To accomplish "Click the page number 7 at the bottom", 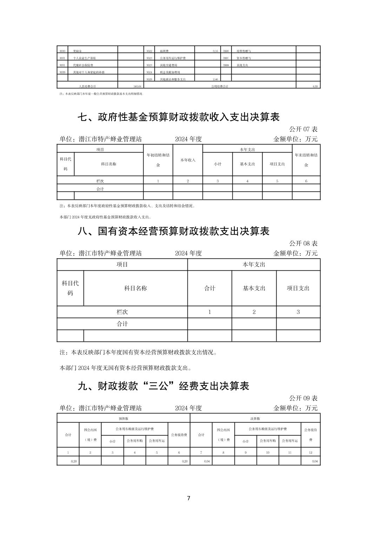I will (188, 498).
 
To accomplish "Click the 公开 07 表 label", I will (303, 129).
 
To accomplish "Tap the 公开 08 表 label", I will (303, 243).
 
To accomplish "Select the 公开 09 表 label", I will (303, 398).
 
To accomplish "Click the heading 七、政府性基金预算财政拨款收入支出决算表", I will (178, 117).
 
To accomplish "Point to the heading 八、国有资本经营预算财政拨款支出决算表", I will (173, 231).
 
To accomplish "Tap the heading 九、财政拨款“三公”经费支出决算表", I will (163, 386).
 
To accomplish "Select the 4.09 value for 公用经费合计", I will (315, 86).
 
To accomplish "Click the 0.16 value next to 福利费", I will (216, 51).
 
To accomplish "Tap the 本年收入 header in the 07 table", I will (188, 160).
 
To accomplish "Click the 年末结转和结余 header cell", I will (306, 160).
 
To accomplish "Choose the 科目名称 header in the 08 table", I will (135, 288).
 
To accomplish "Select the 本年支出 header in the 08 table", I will (254, 265).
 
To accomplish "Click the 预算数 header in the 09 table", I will (123, 418).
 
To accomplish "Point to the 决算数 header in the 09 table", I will (255, 418).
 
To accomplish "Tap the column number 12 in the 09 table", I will (310, 453).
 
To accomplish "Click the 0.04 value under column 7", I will (207, 461).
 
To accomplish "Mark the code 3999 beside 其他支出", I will (226, 65).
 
